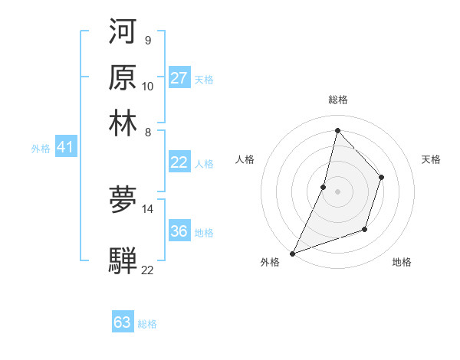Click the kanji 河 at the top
pos(123,33)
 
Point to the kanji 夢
pos(123,200)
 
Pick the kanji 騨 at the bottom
pos(123,260)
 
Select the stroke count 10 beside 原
pos(148,87)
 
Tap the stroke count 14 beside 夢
pos(148,208)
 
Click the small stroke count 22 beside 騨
pos(148,270)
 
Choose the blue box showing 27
pos(179,78)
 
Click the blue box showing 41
pos(65,148)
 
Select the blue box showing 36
pos(179,231)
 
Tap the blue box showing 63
pos(123,322)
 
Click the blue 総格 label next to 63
pos(147,324)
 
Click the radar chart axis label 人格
pos(245,159)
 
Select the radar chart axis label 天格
pos(431,159)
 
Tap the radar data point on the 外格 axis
pos(292,253)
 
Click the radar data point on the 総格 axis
pos(337,130)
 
